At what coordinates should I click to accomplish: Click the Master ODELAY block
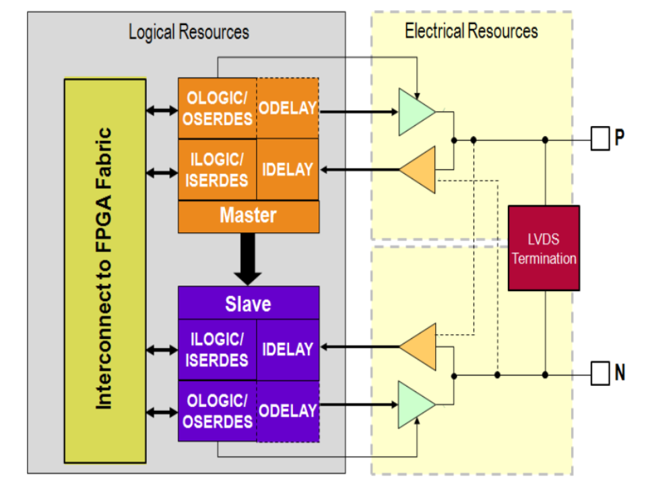(x=288, y=108)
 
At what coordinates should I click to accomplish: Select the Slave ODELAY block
(x=288, y=411)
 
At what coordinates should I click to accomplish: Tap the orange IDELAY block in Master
(x=288, y=169)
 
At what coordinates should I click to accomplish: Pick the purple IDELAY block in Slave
(x=288, y=350)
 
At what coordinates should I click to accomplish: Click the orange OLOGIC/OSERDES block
(x=217, y=108)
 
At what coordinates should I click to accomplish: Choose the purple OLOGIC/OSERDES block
(x=217, y=411)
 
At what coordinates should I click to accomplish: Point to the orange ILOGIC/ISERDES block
(x=217, y=169)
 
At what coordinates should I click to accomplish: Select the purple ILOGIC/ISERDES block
(x=217, y=350)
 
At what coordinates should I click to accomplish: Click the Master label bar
(x=248, y=216)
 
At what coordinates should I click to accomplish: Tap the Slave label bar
(x=248, y=303)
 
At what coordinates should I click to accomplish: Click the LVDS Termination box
(x=544, y=249)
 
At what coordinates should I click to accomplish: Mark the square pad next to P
(x=600, y=139)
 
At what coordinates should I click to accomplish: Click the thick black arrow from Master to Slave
(x=249, y=259)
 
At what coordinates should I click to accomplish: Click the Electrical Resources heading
(x=471, y=31)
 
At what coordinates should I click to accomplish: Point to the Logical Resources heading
(x=189, y=32)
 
